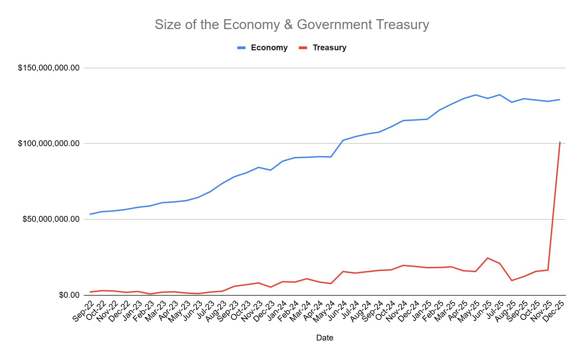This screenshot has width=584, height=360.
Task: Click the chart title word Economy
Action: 251,25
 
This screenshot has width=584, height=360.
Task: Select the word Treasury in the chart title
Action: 402,25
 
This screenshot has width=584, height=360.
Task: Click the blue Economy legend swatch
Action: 241,48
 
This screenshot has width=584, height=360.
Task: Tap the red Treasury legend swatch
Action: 303,48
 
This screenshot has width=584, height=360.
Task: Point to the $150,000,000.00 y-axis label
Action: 49,68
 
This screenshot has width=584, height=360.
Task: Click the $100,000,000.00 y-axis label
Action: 49,143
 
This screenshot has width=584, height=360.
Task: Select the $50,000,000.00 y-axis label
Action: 51,219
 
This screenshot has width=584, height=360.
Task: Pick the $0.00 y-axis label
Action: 69,295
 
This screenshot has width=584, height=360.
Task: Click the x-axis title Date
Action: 324,338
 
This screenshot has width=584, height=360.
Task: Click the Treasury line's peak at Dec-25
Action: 560,142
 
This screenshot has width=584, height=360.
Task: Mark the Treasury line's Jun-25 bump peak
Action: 488,258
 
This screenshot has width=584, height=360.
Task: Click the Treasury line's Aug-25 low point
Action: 512,280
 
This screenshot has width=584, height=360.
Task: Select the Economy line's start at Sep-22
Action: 90,214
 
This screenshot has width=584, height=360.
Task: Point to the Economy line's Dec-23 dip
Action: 270,170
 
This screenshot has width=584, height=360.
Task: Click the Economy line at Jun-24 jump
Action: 343,140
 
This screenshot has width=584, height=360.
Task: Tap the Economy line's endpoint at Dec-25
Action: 560,100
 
